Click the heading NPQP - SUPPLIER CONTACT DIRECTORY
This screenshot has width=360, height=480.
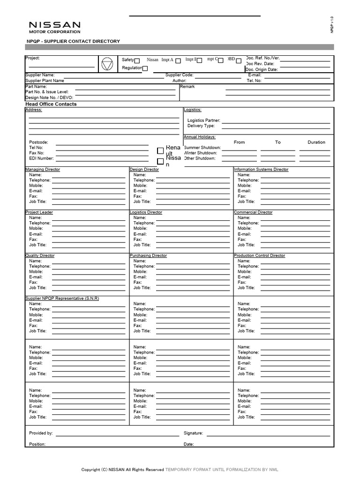(x=73, y=41)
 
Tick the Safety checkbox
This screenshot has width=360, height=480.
(x=137, y=60)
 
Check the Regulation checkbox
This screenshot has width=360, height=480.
(x=145, y=68)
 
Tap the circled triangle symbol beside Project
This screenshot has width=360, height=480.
(x=107, y=64)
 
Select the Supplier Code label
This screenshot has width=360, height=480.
(x=179, y=75)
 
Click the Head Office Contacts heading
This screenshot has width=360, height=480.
(x=51, y=104)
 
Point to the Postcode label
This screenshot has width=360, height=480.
(x=38, y=142)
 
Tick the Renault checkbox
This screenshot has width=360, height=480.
(x=160, y=150)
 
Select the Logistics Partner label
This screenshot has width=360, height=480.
(x=203, y=120)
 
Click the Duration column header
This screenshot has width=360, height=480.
(x=316, y=142)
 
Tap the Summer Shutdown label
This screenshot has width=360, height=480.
(x=202, y=148)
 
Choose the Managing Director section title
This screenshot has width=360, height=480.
(x=43, y=169)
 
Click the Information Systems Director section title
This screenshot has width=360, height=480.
(x=261, y=169)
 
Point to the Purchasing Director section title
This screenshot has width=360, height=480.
(x=148, y=255)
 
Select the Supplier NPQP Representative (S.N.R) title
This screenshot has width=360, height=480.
(x=62, y=299)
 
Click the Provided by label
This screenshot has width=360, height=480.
(x=41, y=434)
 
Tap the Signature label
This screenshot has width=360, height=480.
(x=193, y=434)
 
